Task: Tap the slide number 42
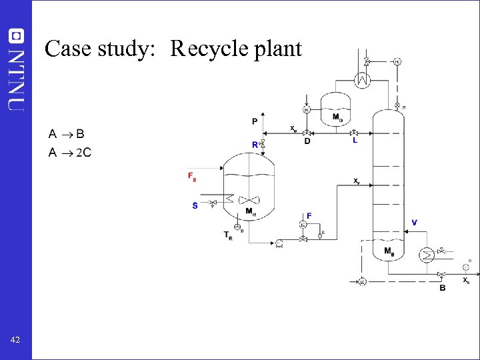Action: tap(15, 340)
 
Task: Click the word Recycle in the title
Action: tap(203, 49)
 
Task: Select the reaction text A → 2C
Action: tap(70, 153)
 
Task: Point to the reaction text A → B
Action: tap(66, 134)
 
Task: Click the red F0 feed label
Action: tap(192, 177)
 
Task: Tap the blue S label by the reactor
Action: tap(195, 205)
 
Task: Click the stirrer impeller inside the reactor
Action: tap(249, 200)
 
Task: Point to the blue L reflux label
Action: tap(355, 141)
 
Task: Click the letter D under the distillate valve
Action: tap(307, 141)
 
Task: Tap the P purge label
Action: tap(255, 121)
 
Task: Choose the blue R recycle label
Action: tap(255, 145)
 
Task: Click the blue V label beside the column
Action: tap(415, 222)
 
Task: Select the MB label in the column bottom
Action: tap(389, 251)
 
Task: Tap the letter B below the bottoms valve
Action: tap(442, 287)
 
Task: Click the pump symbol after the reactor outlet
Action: tap(279, 242)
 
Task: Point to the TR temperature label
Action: tap(228, 235)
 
